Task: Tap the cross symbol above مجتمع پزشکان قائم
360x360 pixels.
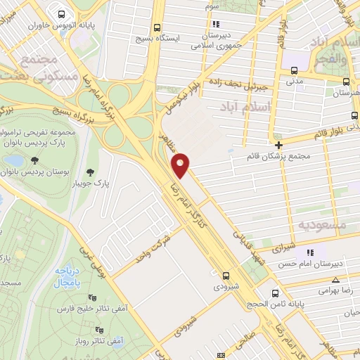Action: [278, 143]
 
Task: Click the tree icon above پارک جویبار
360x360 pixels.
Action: [89, 171]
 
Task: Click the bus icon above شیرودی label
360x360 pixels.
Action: [226, 276]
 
